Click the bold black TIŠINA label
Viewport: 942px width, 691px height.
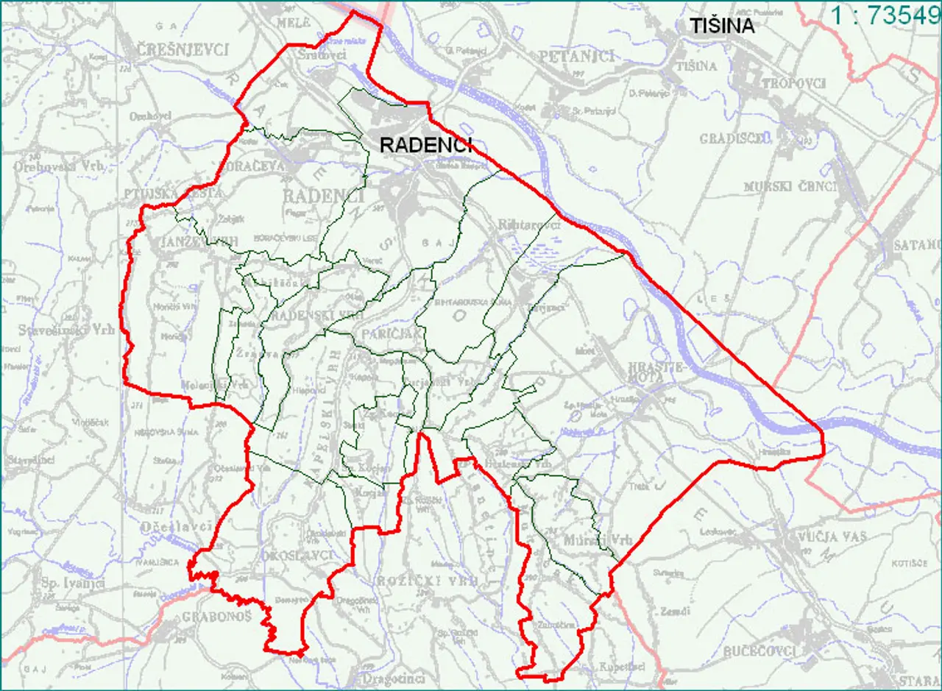click(723, 26)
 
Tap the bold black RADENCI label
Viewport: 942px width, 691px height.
click(425, 145)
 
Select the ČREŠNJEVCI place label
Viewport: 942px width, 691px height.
click(182, 50)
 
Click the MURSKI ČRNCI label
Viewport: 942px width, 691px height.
click(790, 186)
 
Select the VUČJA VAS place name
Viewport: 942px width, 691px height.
click(832, 537)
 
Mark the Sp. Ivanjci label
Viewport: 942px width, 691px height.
click(73, 583)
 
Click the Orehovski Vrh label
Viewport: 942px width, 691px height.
click(58, 166)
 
